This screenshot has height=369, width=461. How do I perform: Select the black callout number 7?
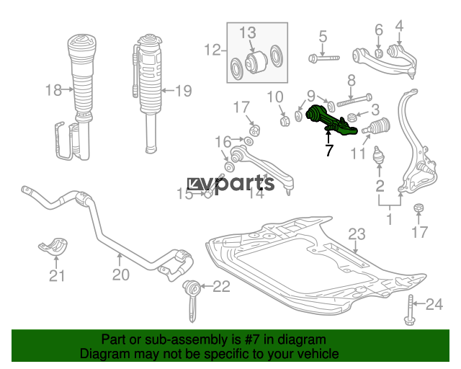click(x=329, y=150)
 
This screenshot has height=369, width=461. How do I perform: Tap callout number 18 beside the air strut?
click(x=53, y=90)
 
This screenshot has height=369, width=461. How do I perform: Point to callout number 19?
click(x=184, y=91)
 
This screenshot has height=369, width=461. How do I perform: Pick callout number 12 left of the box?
click(x=212, y=50)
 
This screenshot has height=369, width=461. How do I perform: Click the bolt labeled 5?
click(x=324, y=58)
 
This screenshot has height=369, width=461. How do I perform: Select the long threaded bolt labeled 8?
click(x=354, y=100)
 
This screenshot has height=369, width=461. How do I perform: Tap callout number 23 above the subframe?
click(x=357, y=234)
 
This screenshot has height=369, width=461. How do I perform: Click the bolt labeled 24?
click(x=410, y=310)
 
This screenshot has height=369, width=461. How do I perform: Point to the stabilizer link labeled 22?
click(x=192, y=300)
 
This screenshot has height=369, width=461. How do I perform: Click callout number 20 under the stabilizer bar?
click(x=121, y=275)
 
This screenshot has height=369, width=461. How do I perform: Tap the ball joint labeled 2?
click(x=379, y=155)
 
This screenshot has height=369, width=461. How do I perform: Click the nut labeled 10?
click(x=285, y=120)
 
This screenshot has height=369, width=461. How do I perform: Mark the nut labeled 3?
click(x=352, y=117)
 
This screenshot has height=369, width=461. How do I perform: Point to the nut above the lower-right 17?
click(x=419, y=208)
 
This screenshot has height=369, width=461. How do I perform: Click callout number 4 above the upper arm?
click(x=399, y=26)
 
